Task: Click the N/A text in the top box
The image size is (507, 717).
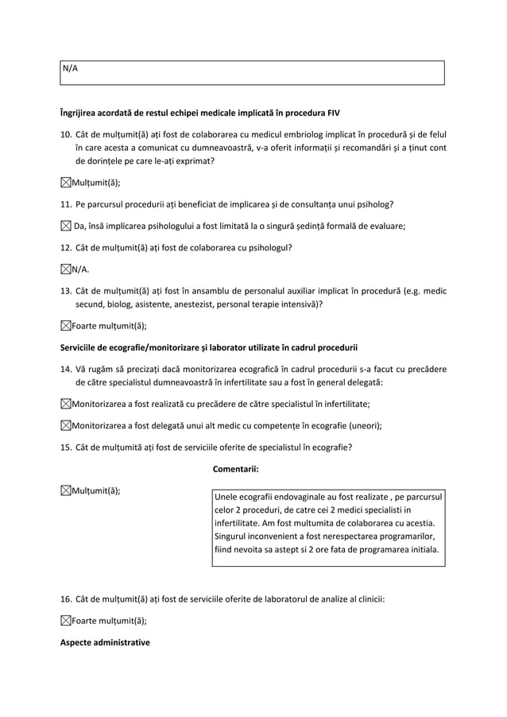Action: (x=70, y=68)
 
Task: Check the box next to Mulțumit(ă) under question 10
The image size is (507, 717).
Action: (x=66, y=183)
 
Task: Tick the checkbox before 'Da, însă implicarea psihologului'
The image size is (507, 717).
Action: (x=66, y=226)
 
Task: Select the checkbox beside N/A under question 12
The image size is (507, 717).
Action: (x=66, y=269)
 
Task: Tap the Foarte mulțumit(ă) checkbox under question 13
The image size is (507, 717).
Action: (x=66, y=324)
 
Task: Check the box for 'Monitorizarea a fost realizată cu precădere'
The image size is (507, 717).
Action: (x=66, y=404)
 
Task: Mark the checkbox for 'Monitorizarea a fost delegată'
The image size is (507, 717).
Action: (x=66, y=425)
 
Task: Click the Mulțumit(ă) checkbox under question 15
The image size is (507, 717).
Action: (x=66, y=490)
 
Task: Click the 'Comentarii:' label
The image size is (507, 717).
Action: (x=237, y=468)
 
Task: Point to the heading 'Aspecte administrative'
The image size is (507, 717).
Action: (x=105, y=642)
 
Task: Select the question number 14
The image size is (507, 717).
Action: (x=67, y=368)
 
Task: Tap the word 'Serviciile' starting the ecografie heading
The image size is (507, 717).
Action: (x=82, y=347)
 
